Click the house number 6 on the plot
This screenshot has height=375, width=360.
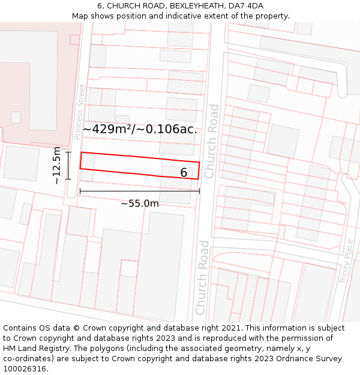point(184,173)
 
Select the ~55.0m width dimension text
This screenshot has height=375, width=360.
point(140,203)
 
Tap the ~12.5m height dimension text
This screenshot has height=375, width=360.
point(56,165)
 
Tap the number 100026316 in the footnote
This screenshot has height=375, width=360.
point(25,368)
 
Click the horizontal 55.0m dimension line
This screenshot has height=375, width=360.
point(139,191)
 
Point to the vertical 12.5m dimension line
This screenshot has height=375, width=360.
point(68,165)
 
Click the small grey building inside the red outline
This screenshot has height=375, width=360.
point(88,161)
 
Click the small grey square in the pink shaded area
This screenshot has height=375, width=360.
point(16,118)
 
